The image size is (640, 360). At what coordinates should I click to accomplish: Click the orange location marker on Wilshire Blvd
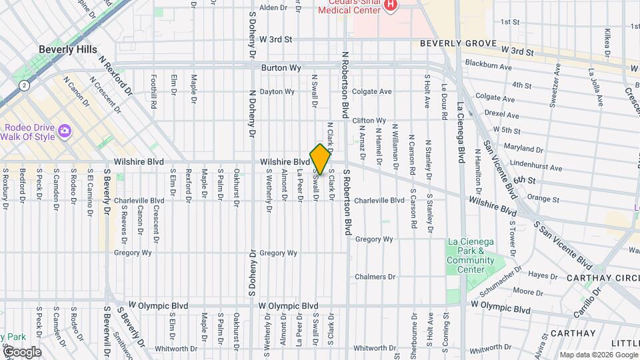320,159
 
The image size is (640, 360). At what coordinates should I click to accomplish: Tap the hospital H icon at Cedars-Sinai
391,5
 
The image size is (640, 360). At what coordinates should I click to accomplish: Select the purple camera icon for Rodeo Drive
65,129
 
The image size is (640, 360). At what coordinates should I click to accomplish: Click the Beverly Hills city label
67,49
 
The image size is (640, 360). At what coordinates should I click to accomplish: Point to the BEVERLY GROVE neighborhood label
458,44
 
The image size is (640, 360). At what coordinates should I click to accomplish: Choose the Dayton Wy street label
277,92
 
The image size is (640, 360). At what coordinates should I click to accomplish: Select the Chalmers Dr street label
375,277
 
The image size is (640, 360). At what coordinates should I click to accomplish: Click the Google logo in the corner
21,352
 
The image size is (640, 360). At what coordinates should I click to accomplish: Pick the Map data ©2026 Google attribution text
597,355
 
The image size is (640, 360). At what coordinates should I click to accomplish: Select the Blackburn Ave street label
488,67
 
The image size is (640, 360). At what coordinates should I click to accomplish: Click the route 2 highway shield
25,85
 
